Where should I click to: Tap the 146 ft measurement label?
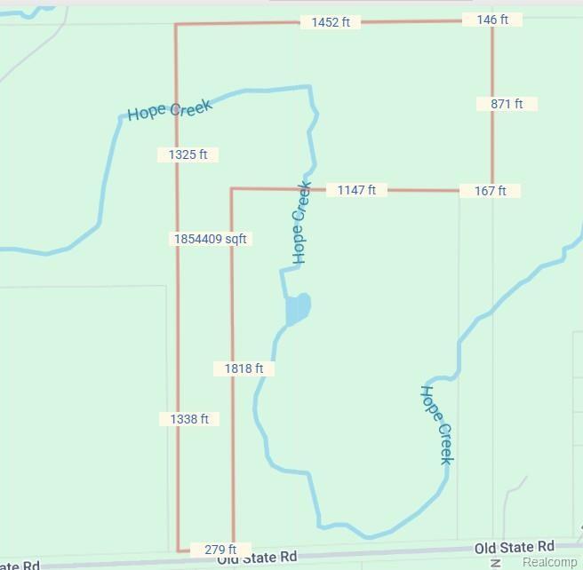click(491, 19)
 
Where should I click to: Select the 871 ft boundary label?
click(507, 104)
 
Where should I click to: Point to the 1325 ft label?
click(188, 154)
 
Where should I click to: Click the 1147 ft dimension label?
click(356, 190)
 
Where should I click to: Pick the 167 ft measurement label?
click(490, 191)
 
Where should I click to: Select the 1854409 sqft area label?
click(211, 239)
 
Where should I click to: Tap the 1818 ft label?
click(244, 368)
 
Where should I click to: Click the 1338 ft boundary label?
click(189, 419)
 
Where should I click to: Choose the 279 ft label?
click(220, 550)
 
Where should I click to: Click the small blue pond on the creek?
click(298, 309)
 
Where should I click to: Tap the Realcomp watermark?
click(549, 562)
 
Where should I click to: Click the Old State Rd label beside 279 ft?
click(256, 558)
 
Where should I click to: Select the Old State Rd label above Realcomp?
click(514, 547)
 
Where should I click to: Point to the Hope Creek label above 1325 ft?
click(170, 110)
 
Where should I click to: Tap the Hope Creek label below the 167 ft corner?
click(437, 424)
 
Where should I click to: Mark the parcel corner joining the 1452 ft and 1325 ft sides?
click(176, 25)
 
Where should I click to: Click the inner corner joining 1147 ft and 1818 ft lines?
click(232, 188)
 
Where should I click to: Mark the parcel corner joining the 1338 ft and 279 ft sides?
click(178, 550)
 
